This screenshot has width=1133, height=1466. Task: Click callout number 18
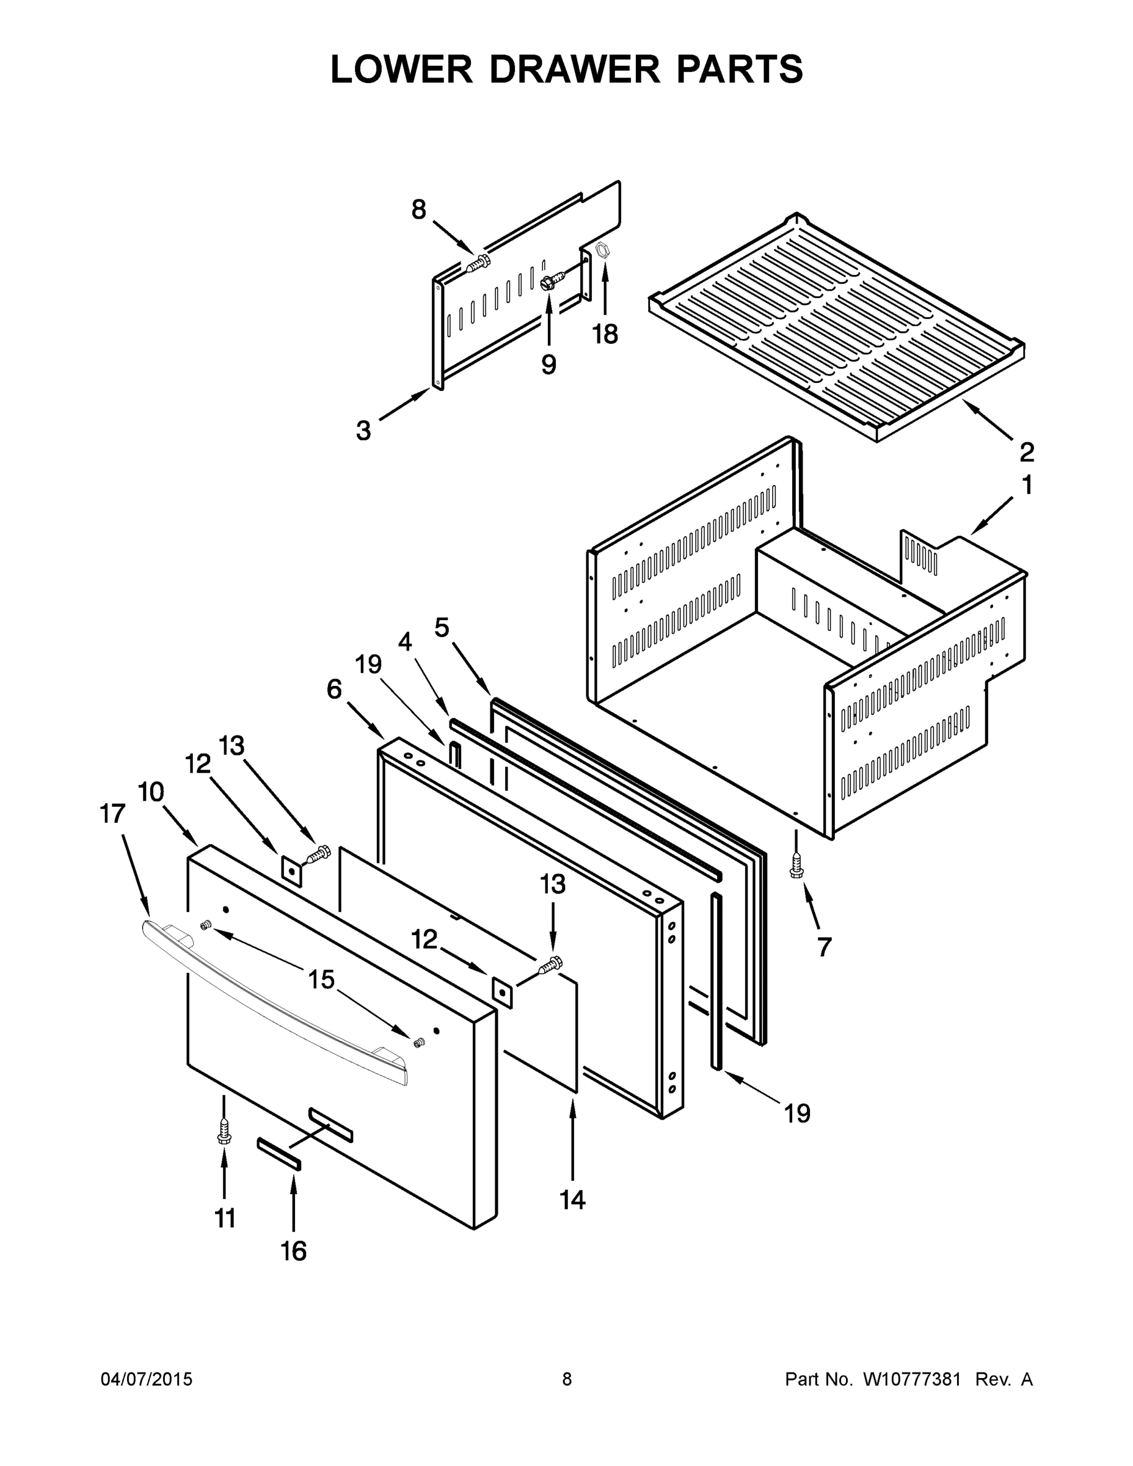(605, 334)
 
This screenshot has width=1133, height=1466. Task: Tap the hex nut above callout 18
(603, 251)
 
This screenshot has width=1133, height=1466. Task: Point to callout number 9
(548, 365)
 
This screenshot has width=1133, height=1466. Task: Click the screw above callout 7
(796, 866)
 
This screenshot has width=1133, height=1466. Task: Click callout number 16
(293, 1250)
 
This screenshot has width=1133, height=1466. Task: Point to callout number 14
(572, 1200)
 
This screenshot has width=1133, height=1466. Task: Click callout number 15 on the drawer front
(321, 979)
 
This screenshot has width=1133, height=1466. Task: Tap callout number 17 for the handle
(112, 814)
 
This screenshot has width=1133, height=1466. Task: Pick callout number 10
(151, 792)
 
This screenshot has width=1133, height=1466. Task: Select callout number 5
(441, 627)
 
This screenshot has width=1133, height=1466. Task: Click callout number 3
(363, 430)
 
